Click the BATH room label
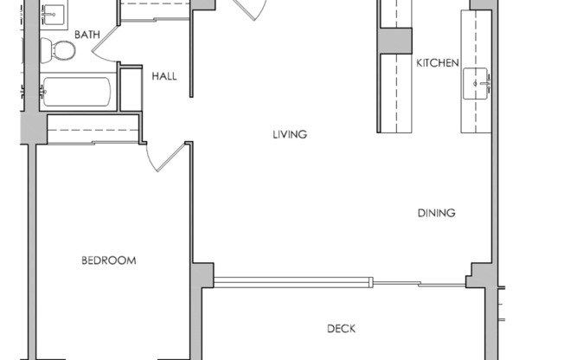87,35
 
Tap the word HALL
164,76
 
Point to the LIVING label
291,134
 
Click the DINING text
436,213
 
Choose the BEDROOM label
108,260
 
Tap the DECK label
341,329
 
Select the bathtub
76,91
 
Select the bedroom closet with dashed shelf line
93,129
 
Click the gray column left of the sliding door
202,275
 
